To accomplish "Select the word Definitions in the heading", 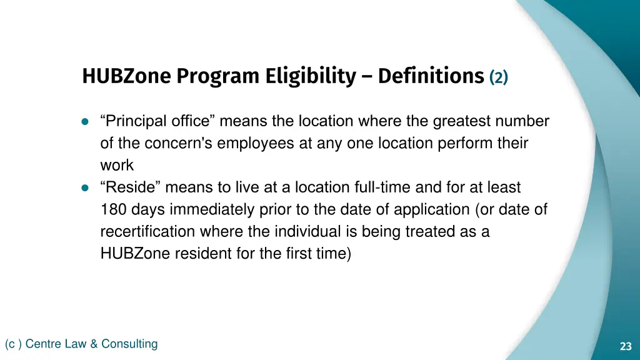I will coord(431,76).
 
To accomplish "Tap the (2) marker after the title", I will coord(499,77).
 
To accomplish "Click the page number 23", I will coord(626,346).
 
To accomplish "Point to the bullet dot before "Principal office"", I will coord(85,121).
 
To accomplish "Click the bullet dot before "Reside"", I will coord(85,187).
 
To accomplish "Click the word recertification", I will coord(147,231).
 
